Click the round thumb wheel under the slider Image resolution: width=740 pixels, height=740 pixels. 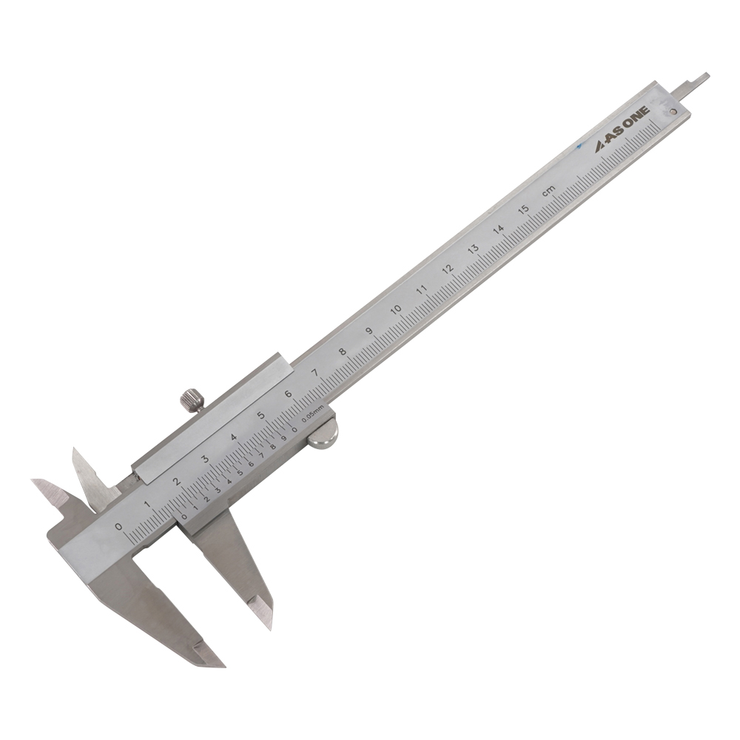click(323, 433)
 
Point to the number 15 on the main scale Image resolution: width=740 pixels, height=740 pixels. click(523, 209)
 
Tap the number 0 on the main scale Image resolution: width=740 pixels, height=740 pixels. click(119, 527)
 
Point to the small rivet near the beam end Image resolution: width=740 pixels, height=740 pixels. click(673, 112)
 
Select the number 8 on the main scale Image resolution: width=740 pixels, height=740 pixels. click(342, 351)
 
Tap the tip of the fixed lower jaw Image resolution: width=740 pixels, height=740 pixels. click(219, 664)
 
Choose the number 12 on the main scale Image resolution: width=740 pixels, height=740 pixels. click(447, 269)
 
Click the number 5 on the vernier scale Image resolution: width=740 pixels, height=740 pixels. click(240, 473)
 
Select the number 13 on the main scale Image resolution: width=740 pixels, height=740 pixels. click(473, 249)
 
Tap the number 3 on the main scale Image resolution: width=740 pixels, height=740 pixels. click(205, 460)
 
